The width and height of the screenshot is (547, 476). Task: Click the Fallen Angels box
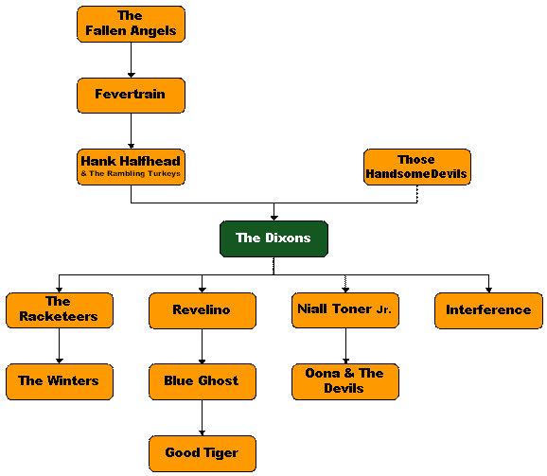tap(131, 24)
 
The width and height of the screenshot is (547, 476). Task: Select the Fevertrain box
tap(131, 96)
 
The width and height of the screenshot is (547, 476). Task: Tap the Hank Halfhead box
tap(131, 167)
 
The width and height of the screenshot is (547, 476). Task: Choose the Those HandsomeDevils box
tap(417, 167)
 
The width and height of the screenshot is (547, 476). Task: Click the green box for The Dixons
tap(273, 238)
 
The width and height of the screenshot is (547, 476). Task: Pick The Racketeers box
tap(60, 310)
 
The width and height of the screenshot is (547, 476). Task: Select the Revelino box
tap(203, 310)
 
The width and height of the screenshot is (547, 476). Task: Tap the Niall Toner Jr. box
tap(345, 310)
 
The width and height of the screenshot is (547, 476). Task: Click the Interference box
tap(488, 310)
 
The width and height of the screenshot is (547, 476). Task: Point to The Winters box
tap(60, 382)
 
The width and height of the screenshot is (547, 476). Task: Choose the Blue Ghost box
tap(203, 382)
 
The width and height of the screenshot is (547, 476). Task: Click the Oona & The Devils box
tap(345, 382)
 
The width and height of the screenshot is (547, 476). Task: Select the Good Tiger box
tap(203, 453)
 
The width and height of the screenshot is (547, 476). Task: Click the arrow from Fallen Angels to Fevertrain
tap(132, 60)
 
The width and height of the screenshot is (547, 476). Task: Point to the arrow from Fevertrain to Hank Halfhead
tap(132, 132)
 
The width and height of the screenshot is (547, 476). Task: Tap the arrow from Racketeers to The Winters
tap(60, 346)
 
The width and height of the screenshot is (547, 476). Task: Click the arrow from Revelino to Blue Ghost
tap(202, 346)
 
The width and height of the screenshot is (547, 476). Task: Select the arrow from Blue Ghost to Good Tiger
tap(202, 417)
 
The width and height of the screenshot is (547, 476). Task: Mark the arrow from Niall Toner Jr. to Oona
tap(345, 346)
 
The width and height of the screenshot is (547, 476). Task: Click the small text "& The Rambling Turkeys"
tap(131, 174)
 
